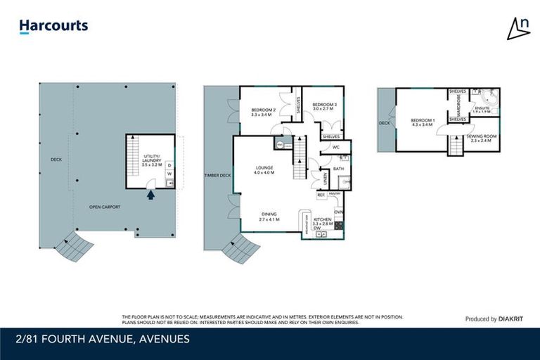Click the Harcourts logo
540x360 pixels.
[53, 27]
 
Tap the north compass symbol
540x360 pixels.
[519, 27]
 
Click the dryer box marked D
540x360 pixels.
[169, 166]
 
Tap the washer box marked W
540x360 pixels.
[169, 174]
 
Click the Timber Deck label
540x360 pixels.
[217, 175]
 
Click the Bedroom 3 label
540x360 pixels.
[325, 107]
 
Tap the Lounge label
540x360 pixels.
[264, 169]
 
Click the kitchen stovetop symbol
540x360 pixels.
[338, 226]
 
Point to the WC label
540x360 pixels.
[336, 147]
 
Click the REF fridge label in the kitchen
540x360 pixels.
[320, 195]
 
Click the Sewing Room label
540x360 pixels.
[482, 139]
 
